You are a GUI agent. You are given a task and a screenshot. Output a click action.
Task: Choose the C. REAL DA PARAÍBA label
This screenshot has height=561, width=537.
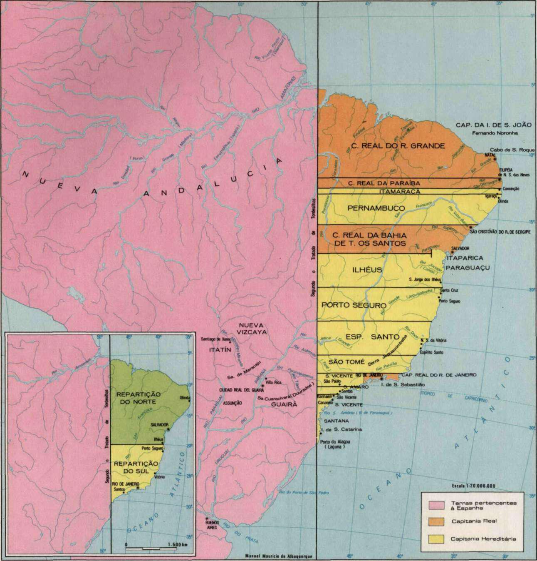384,183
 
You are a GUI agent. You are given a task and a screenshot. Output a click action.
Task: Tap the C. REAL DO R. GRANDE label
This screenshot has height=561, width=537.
397,146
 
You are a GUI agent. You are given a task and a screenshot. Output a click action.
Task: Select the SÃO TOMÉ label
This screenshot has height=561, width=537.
346,362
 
